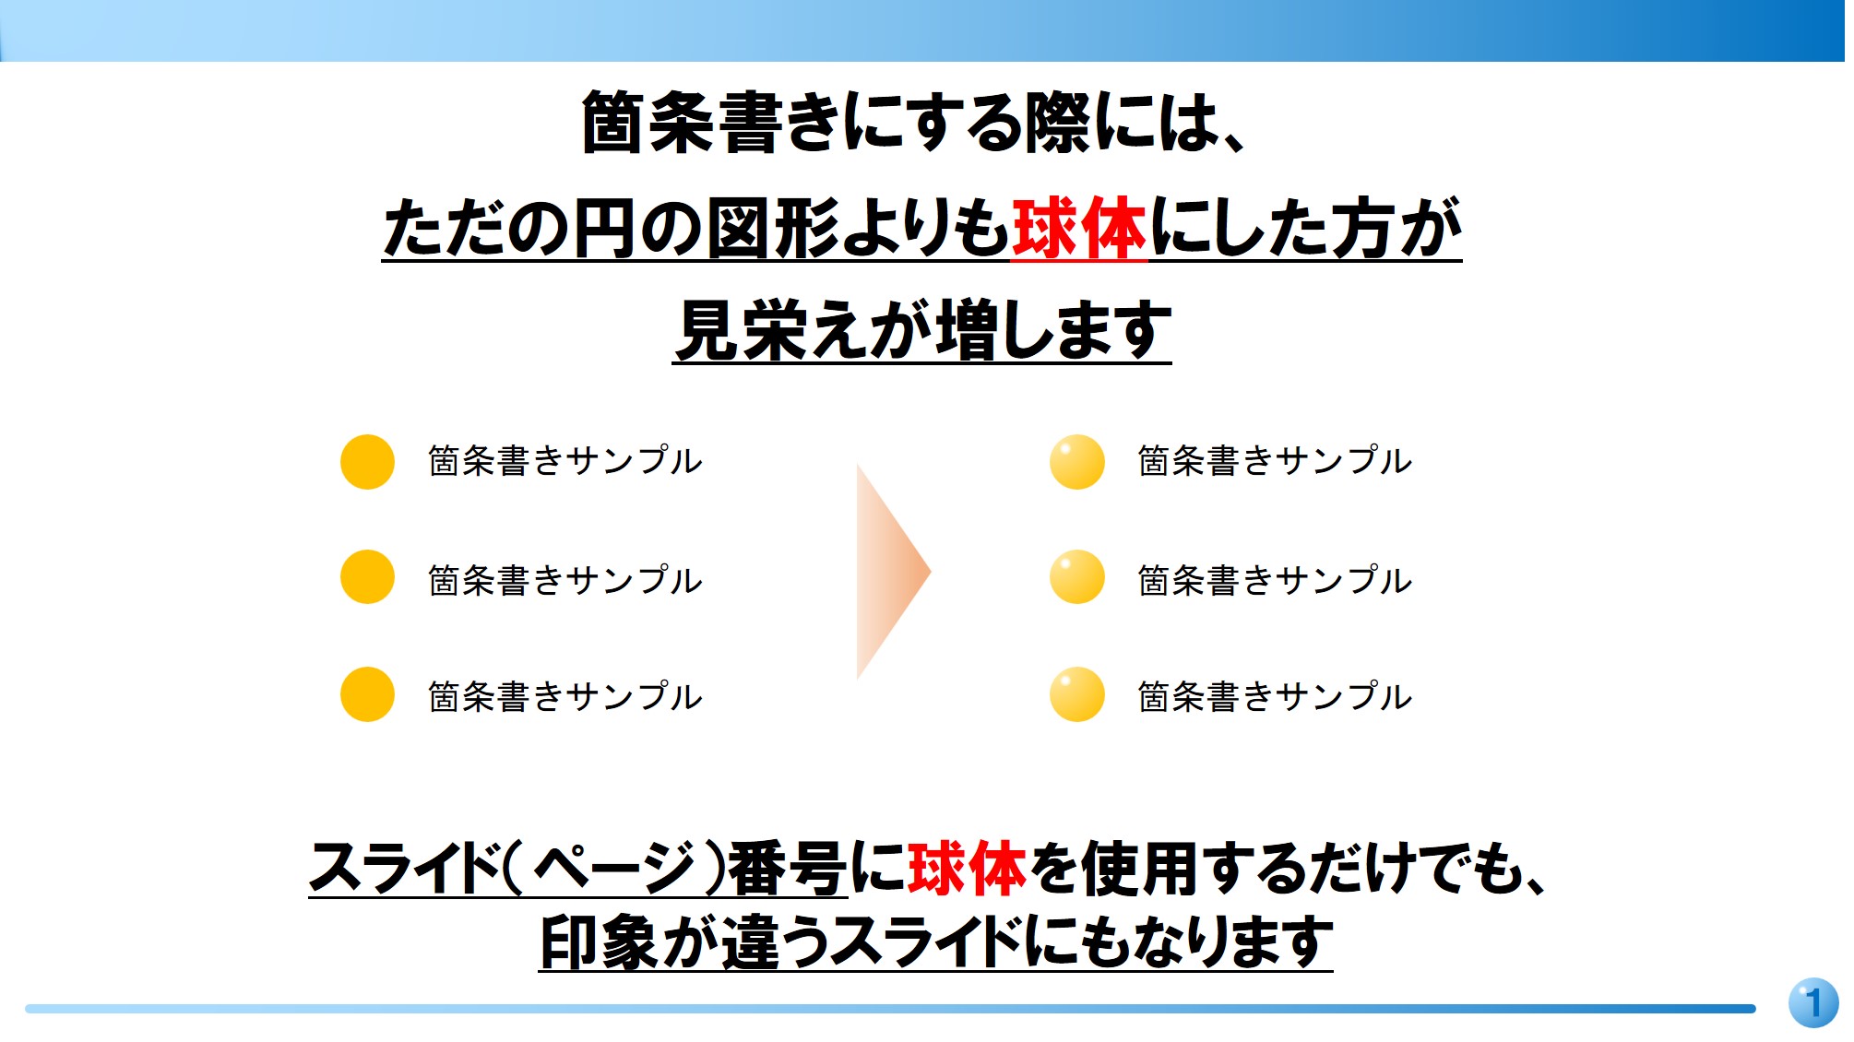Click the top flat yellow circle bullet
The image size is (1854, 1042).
(x=367, y=462)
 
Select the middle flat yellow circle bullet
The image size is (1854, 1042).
(x=367, y=577)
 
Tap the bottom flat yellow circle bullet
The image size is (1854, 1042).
(x=367, y=694)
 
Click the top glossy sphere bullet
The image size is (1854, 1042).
(x=1076, y=462)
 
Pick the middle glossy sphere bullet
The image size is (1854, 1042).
(x=1076, y=577)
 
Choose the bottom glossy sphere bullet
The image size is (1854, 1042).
(x=1076, y=694)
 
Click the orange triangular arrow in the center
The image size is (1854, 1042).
(x=888, y=572)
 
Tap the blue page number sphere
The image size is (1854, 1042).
(x=1812, y=1002)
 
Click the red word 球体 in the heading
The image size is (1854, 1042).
(x=1078, y=229)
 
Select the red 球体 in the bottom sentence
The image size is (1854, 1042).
(x=967, y=869)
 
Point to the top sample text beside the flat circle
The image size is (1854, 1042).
(x=565, y=461)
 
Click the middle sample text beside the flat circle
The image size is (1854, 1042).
(x=565, y=581)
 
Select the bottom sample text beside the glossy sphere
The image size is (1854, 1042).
(x=1274, y=697)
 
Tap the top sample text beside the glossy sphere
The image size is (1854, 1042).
(x=1274, y=461)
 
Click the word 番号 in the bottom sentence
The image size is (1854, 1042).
(x=787, y=869)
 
